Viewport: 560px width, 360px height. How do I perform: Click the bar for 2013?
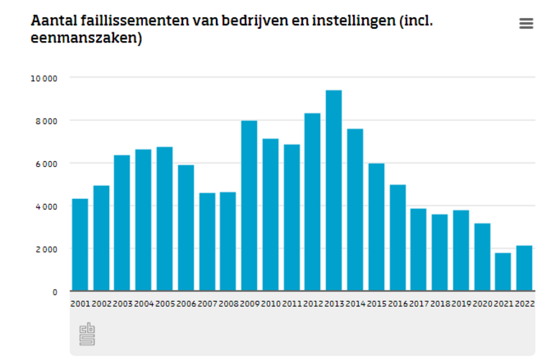pyautogui.click(x=334, y=190)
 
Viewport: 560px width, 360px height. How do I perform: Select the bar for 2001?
pyautogui.click(x=80, y=244)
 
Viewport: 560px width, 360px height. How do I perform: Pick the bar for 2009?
pyautogui.click(x=249, y=206)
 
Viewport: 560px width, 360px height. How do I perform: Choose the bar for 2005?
pyautogui.click(x=164, y=218)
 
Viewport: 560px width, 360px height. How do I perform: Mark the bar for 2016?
pyautogui.click(x=398, y=237)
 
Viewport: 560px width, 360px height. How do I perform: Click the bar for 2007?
pyautogui.click(x=207, y=241)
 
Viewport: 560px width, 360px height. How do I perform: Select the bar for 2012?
pyautogui.click(x=312, y=202)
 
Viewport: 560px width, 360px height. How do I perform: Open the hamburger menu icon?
pyautogui.click(x=526, y=24)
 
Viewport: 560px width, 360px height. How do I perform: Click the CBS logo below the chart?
pyautogui.click(x=87, y=334)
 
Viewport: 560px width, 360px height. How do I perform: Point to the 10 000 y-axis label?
pyautogui.click(x=43, y=78)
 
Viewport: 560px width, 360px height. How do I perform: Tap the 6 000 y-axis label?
pyautogui.click(x=45, y=163)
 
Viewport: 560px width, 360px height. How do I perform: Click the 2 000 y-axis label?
pyautogui.click(x=45, y=249)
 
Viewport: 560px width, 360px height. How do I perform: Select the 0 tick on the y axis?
pyautogui.click(x=55, y=292)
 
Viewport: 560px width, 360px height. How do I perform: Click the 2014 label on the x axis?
pyautogui.click(x=355, y=304)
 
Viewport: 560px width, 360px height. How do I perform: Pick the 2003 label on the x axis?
pyautogui.click(x=122, y=304)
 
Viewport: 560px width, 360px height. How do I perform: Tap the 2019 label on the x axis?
pyautogui.click(x=461, y=304)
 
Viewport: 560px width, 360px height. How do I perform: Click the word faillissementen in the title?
pyautogui.click(x=133, y=20)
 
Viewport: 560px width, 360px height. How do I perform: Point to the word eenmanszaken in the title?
pyautogui.click(x=83, y=39)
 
